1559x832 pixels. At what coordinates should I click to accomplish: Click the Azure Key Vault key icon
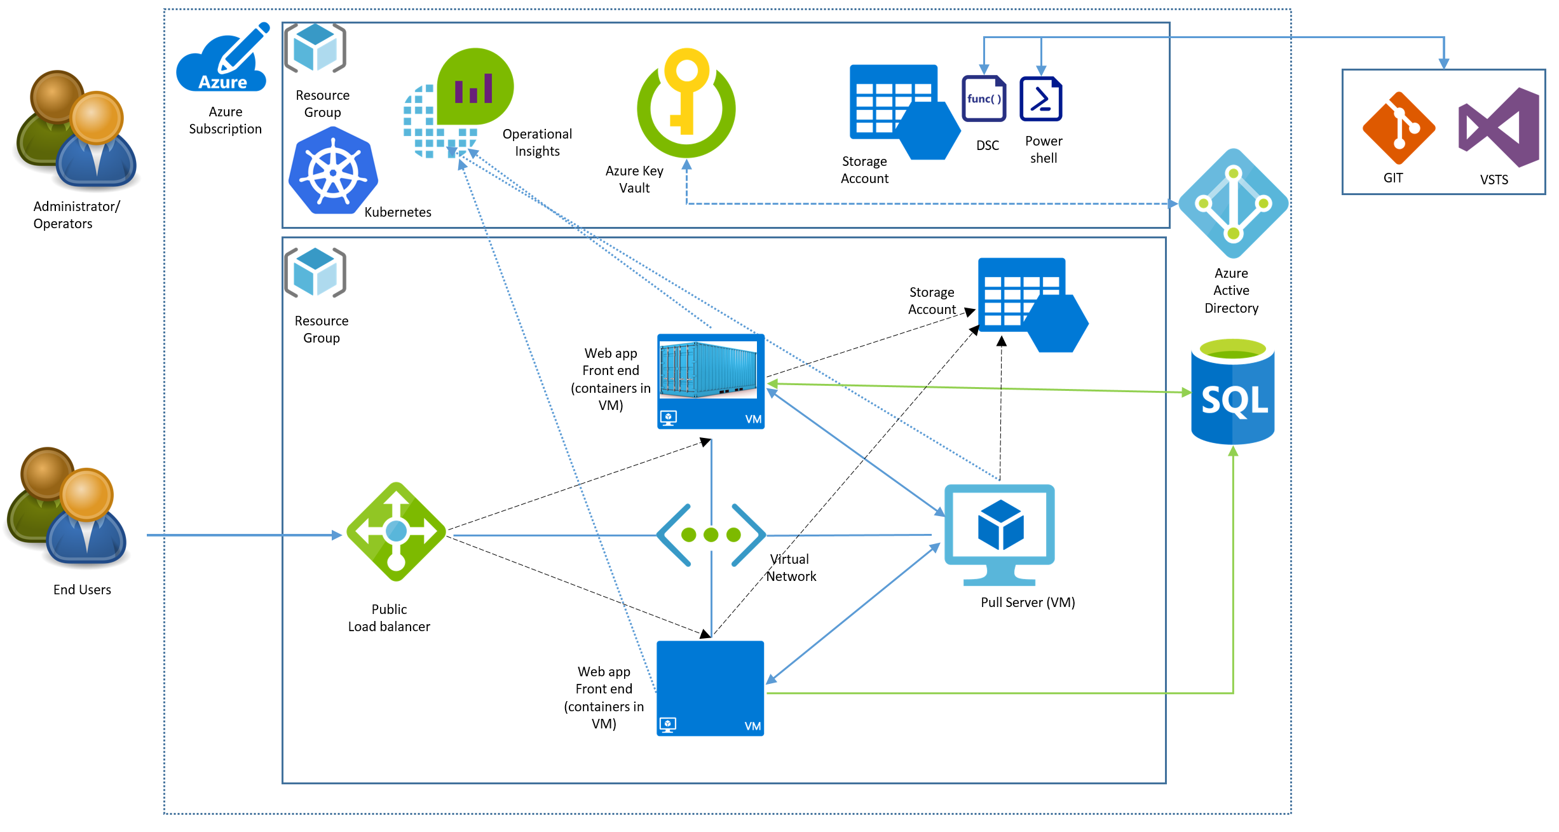click(x=686, y=102)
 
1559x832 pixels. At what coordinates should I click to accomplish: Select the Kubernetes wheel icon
click(x=333, y=170)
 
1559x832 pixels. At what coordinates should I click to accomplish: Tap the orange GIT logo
click(x=1398, y=128)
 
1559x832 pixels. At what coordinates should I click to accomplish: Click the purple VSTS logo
click(x=1499, y=128)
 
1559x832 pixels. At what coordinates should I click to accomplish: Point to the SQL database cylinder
click(x=1232, y=392)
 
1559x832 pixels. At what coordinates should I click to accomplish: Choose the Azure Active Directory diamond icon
click(x=1233, y=203)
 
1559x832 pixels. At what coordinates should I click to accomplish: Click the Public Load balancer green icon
click(x=396, y=531)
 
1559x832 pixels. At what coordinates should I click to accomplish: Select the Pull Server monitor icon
click(x=1000, y=535)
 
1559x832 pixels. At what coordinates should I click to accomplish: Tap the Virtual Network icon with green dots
click(x=711, y=535)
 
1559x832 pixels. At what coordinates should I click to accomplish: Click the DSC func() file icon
click(x=984, y=99)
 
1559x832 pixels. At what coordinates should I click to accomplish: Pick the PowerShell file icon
click(x=1041, y=99)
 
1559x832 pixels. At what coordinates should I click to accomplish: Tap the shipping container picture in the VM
click(x=708, y=370)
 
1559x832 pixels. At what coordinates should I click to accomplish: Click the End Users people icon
click(x=68, y=507)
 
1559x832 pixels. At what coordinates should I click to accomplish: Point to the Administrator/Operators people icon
click(x=76, y=130)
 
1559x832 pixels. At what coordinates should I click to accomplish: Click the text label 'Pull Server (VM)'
click(x=1028, y=603)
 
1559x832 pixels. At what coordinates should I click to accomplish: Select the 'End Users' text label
click(x=82, y=590)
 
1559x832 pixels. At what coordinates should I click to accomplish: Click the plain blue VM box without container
click(x=710, y=688)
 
